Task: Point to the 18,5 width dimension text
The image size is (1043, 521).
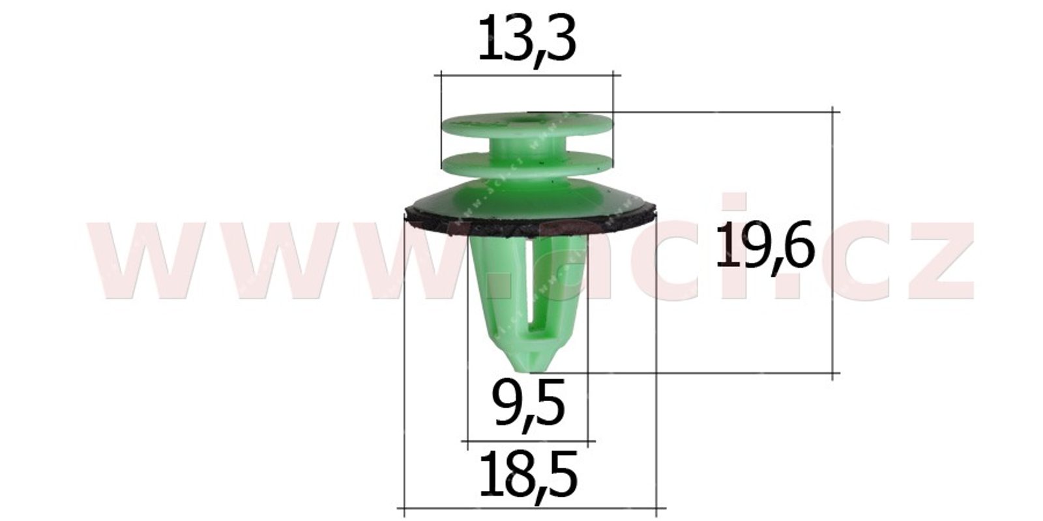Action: [x=528, y=477]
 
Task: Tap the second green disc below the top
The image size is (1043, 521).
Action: [x=527, y=163]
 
